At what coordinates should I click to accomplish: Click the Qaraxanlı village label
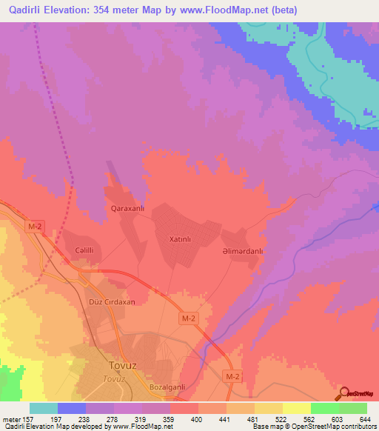(x=127, y=209)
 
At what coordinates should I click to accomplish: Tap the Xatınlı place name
(x=181, y=240)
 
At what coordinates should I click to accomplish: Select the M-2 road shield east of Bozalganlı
(x=232, y=378)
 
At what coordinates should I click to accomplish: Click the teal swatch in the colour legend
(x=44, y=408)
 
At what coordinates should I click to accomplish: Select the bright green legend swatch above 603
(x=324, y=408)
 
